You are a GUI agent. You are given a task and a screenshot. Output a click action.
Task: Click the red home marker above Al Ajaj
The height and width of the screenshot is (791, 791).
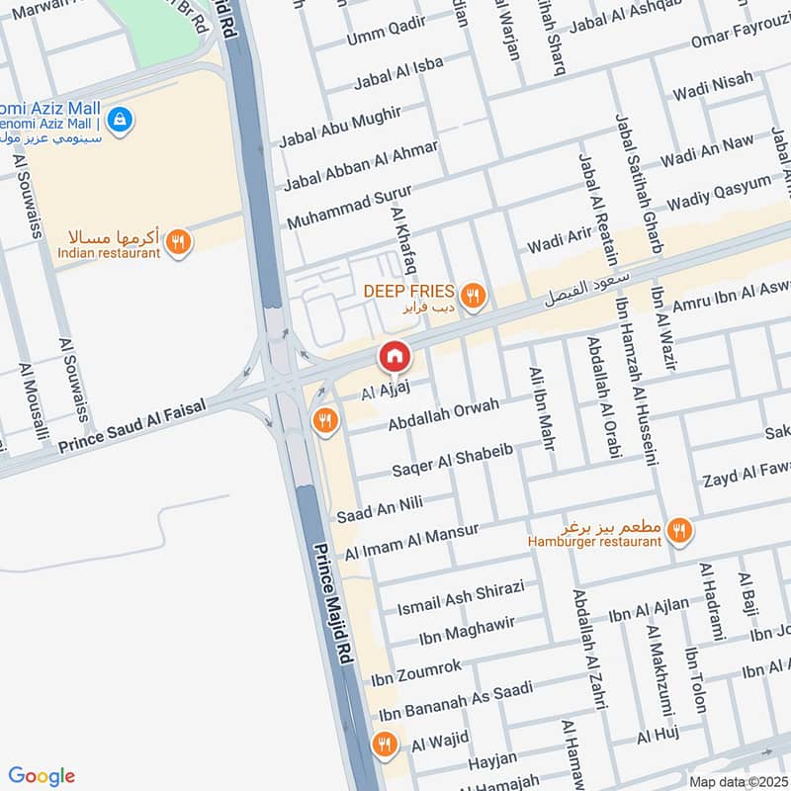click(x=394, y=356)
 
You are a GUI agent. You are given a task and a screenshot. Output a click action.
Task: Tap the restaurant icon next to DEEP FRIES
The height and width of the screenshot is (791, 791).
click(x=474, y=294)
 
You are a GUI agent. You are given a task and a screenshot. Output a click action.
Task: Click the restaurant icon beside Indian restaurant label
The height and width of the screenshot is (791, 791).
click(x=178, y=241)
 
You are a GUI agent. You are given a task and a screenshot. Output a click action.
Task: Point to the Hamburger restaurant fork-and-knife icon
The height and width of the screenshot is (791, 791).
click(x=678, y=531)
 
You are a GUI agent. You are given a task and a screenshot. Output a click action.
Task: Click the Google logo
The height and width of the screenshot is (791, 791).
click(x=42, y=776)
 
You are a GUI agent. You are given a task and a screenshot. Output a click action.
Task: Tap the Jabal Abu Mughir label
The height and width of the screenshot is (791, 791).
click(x=340, y=129)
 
